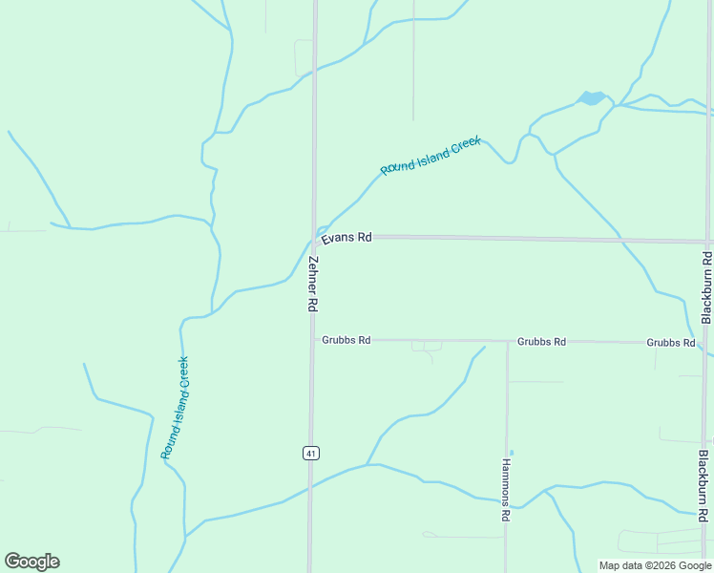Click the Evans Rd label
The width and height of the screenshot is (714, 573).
click(346, 238)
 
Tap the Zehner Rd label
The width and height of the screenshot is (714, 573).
click(312, 283)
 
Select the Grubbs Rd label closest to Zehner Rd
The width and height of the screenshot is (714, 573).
click(346, 340)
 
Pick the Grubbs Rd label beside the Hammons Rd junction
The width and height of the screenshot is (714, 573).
click(541, 341)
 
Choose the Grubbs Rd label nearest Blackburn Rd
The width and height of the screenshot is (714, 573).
click(670, 342)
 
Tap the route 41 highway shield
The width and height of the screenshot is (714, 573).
click(311, 453)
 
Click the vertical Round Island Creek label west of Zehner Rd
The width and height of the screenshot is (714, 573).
click(175, 408)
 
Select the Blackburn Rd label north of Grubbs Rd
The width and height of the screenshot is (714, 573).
click(706, 287)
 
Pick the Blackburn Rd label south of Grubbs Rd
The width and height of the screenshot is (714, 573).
click(703, 486)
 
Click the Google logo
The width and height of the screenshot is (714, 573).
click(31, 562)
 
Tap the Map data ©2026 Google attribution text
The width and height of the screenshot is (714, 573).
click(654, 565)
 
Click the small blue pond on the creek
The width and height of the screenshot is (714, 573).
click(591, 97)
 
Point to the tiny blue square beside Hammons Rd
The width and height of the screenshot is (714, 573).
click(512, 453)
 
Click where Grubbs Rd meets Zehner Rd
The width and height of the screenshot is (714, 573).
click(312, 340)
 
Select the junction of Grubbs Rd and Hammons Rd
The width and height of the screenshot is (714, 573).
click(507, 341)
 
